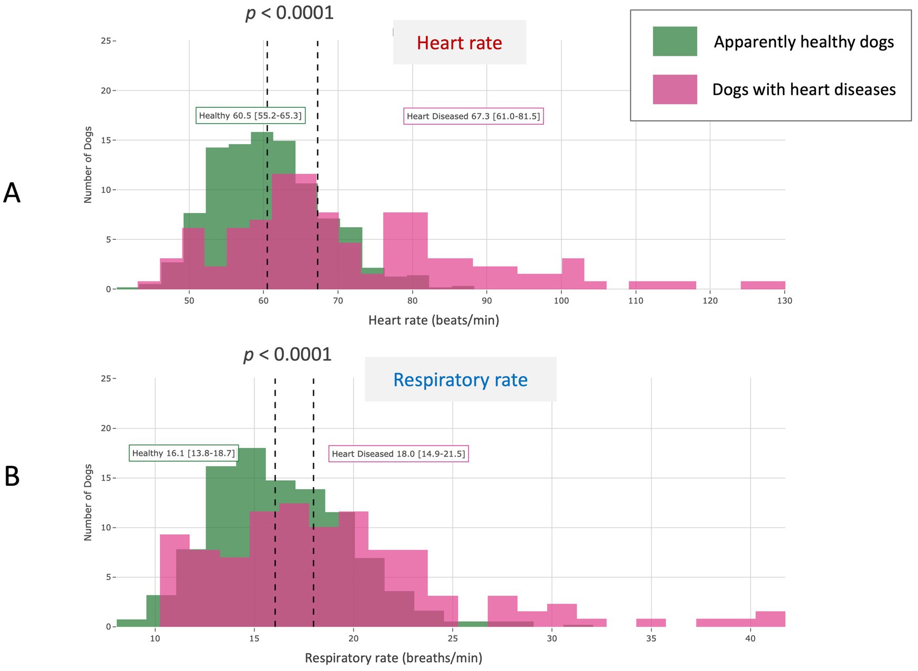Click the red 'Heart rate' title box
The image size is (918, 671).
tap(459, 43)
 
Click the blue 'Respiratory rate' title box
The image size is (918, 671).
tap(460, 380)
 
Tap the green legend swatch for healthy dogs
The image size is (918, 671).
tap(675, 42)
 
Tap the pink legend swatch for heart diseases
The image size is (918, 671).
tap(675, 89)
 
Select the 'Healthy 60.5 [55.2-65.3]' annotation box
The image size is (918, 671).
tap(250, 116)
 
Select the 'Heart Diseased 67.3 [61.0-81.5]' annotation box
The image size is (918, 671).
tap(473, 116)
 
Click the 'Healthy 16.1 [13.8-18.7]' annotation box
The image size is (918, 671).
tap(183, 453)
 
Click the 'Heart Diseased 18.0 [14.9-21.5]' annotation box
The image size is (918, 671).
tap(399, 454)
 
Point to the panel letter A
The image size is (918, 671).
tap(12, 194)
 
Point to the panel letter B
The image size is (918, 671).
tap(12, 476)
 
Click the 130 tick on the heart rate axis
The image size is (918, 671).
tap(784, 301)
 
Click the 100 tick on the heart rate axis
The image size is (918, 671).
tap(561, 301)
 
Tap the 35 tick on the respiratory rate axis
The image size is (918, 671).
tap(651, 638)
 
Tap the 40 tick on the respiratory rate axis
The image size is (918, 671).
tap(750, 638)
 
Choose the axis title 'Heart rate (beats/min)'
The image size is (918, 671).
tap(433, 320)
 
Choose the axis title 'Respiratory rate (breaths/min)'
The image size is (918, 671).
tap(393, 658)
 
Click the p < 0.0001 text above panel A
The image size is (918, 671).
tap(290, 13)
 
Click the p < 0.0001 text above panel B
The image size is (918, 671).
tap(288, 354)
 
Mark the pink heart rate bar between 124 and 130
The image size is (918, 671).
tap(762, 285)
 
